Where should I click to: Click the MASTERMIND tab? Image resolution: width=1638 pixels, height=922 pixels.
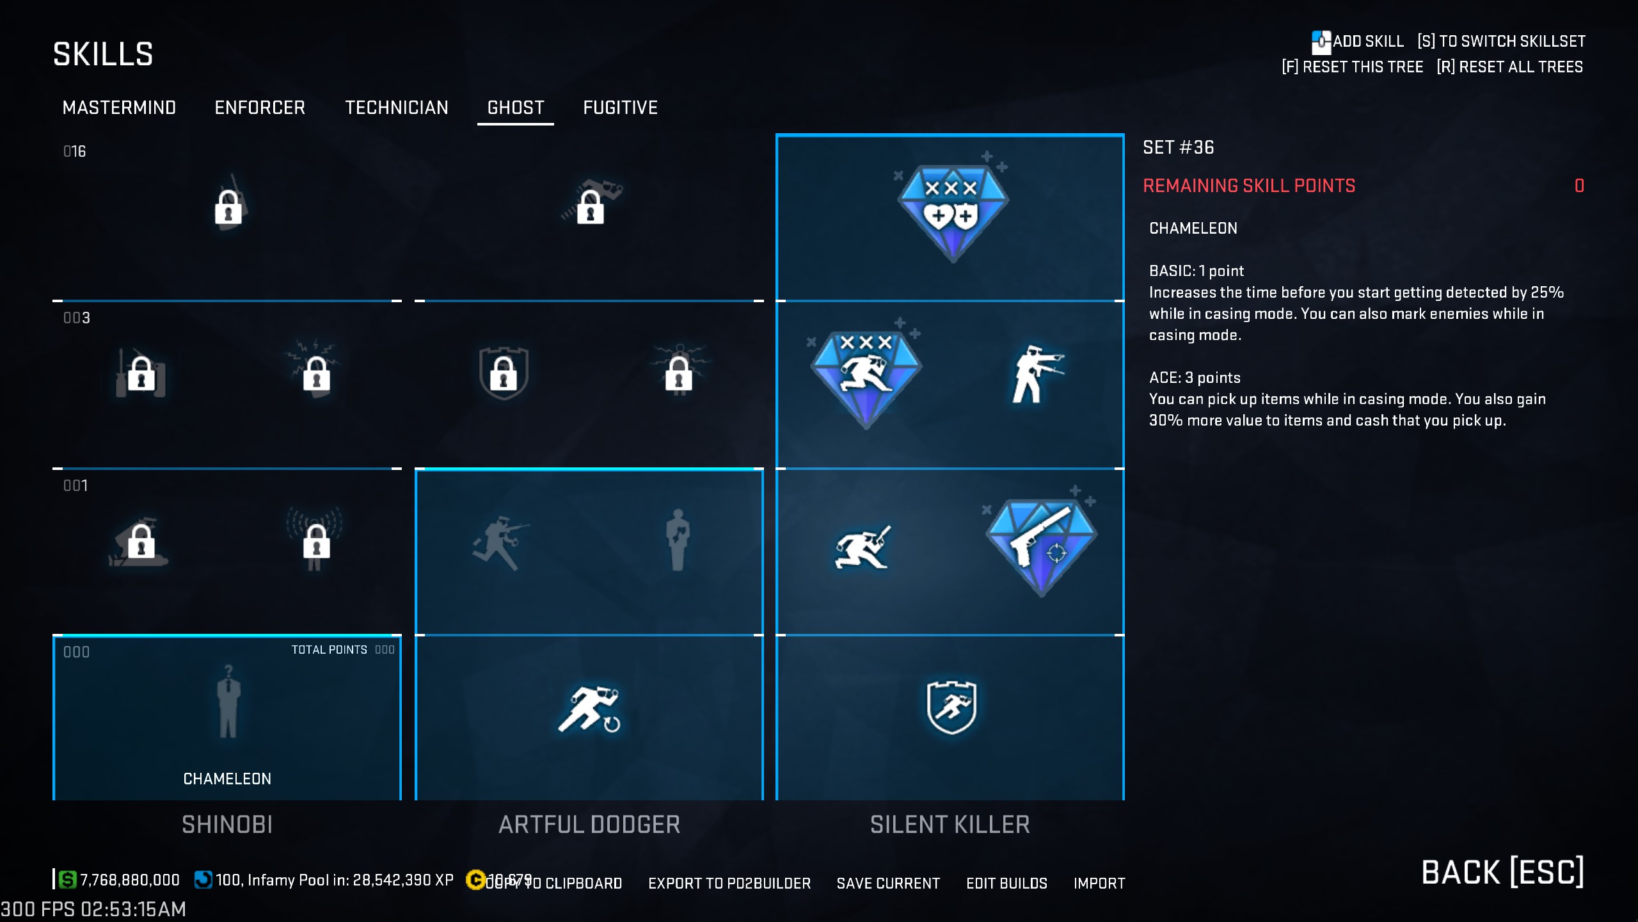[119, 108]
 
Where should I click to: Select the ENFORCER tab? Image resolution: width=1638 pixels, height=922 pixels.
[260, 108]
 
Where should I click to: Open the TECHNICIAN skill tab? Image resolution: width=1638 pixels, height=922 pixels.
[397, 108]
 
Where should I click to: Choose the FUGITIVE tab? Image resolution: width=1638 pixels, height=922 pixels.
[620, 108]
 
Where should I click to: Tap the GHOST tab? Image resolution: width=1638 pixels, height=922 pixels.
[516, 108]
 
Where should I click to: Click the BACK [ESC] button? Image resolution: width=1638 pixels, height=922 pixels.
[1502, 872]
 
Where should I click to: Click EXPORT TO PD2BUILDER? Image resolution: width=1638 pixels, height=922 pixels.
[729, 884]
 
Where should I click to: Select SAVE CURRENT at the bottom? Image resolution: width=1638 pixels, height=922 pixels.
[888, 884]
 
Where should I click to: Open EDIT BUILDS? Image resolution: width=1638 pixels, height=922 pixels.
[1006, 884]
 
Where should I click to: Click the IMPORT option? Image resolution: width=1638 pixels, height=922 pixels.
[1099, 884]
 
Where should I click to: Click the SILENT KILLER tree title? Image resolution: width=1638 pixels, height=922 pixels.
[950, 825]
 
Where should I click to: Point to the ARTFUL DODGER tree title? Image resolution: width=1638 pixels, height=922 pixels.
[589, 825]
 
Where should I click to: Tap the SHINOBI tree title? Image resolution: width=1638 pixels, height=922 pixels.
[227, 825]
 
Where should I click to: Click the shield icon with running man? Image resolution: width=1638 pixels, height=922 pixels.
[951, 707]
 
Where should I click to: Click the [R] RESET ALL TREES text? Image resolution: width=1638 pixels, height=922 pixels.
[1509, 67]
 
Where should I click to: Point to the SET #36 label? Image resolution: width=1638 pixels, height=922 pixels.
[1178, 148]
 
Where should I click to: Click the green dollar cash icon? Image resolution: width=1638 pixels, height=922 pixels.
[67, 880]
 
